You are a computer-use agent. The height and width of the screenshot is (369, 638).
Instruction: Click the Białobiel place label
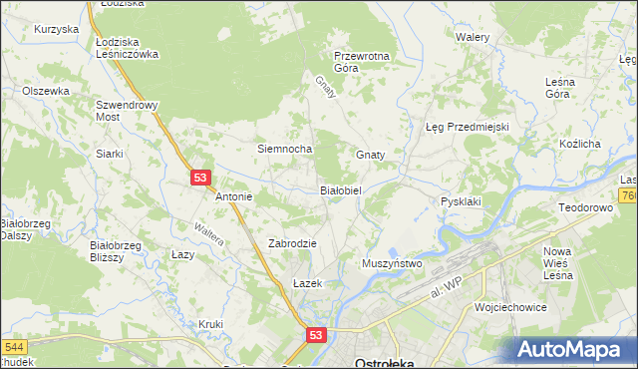[x=346, y=188]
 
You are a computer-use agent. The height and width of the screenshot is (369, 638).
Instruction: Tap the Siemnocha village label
[x=285, y=149]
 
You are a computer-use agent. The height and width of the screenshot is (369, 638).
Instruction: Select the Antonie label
[x=234, y=196]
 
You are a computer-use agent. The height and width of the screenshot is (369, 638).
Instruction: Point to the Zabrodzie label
[x=292, y=243]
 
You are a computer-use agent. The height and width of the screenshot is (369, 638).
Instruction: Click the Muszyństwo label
[x=393, y=263]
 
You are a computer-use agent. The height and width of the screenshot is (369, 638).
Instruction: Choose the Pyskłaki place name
[x=461, y=201]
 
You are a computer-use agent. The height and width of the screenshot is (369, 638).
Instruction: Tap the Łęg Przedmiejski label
[x=468, y=127]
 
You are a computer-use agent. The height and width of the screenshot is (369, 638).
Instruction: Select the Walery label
[x=472, y=37]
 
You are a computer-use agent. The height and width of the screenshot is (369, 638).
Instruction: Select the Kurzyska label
[x=56, y=29]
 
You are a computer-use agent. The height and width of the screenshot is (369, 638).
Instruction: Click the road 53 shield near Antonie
[x=200, y=178]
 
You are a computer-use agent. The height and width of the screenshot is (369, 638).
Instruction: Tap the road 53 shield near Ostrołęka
[x=316, y=337]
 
